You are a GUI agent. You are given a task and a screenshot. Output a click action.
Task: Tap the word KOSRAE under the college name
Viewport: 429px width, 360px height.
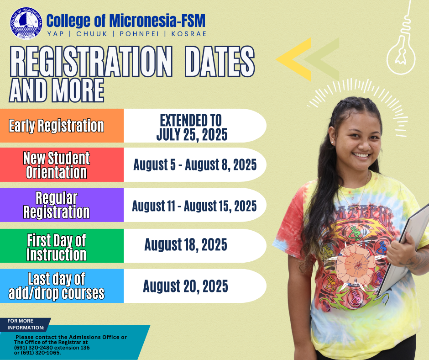pyautogui.click(x=188, y=34)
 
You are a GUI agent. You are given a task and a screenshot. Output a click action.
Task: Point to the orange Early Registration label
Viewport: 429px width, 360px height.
pyautogui.click(x=57, y=126)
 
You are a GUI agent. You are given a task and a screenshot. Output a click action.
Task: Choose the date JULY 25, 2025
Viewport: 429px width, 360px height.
pyautogui.click(x=191, y=135)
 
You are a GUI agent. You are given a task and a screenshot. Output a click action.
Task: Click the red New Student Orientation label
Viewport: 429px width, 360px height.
pyautogui.click(x=57, y=165)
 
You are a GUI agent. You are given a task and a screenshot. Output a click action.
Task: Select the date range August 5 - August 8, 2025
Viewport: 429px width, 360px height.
pyautogui.click(x=195, y=165)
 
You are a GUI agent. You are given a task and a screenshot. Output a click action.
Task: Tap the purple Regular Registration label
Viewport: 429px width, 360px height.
pyautogui.click(x=57, y=205)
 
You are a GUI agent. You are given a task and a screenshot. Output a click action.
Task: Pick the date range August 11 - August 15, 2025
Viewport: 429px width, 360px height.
pyautogui.click(x=194, y=206)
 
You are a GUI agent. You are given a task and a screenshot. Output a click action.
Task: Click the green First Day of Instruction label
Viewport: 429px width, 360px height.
pyautogui.click(x=57, y=246)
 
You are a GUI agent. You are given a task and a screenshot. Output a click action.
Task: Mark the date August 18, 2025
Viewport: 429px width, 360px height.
pyautogui.click(x=186, y=245)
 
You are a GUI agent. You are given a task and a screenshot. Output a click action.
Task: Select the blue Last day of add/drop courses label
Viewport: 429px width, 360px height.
pyautogui.click(x=57, y=286)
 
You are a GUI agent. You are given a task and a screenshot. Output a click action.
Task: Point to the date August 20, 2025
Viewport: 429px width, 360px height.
pyautogui.click(x=186, y=286)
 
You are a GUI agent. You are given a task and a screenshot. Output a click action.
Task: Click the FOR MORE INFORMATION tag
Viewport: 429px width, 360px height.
pyautogui.click(x=26, y=324)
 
